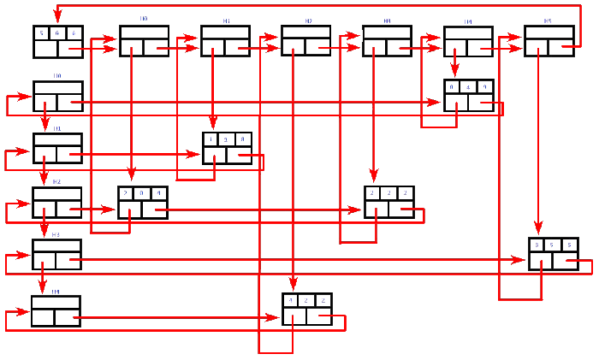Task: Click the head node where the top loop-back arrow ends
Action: pos(58,41)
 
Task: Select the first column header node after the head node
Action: pos(144,41)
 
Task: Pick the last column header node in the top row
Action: pos(549,41)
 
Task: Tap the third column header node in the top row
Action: pos(305,41)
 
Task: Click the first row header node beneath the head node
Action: pos(57,97)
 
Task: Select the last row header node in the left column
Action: pos(56,310)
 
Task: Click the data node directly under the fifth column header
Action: pos(468,95)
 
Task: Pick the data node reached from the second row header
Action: pos(227,148)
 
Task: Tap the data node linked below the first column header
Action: pos(142,202)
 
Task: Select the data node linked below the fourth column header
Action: pos(388,202)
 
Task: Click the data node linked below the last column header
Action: pos(553,253)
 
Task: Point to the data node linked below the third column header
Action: pos(306,309)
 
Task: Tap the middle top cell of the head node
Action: pos(58,33)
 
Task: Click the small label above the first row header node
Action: pos(57,76)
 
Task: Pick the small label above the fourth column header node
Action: pos(388,20)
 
